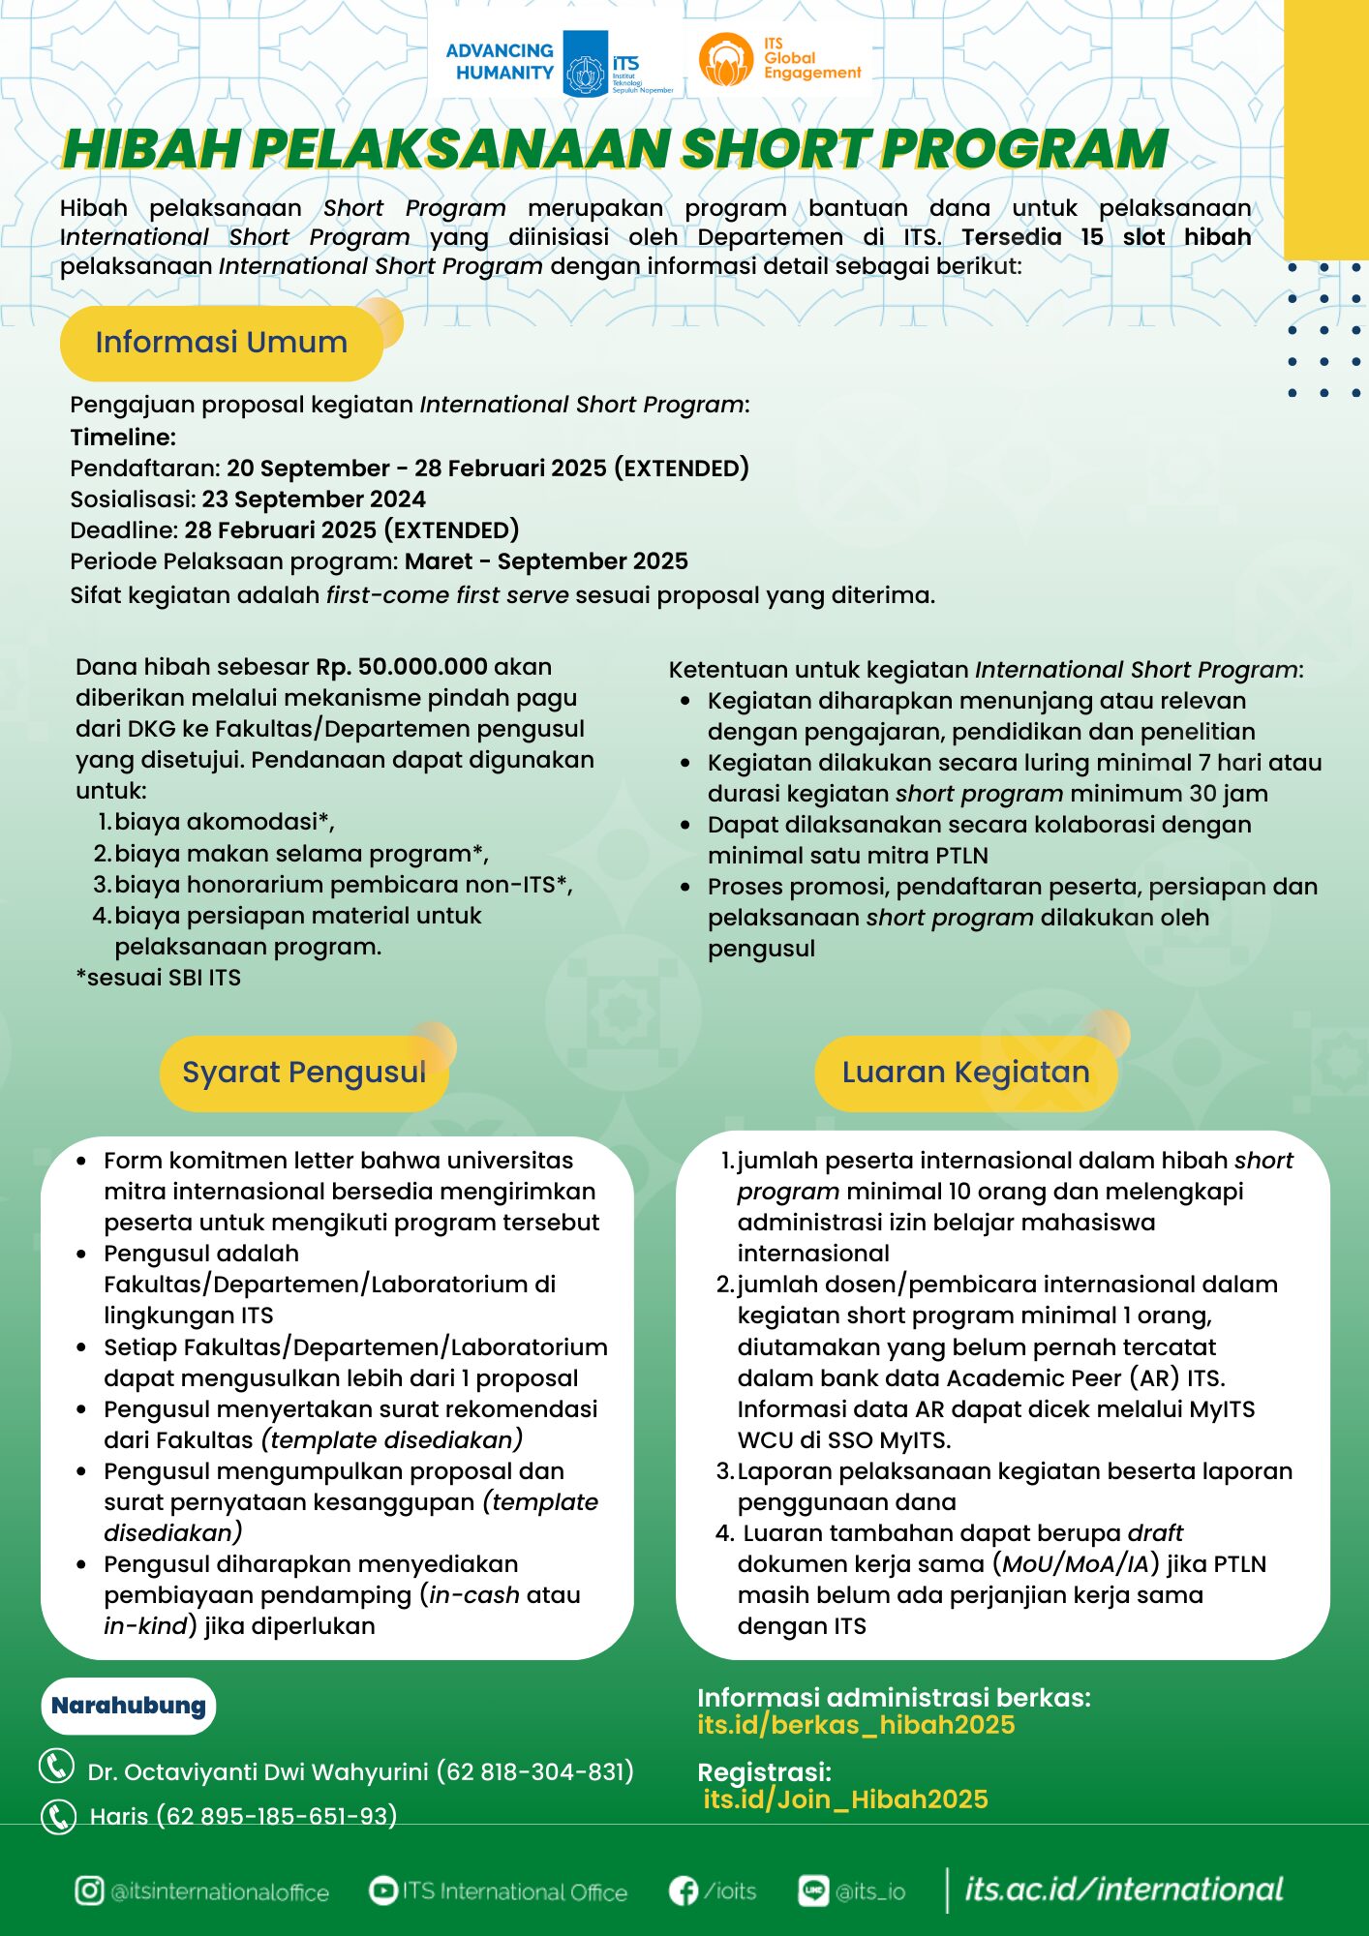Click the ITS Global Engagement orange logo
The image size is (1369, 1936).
click(726, 60)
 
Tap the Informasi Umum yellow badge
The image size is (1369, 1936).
click(222, 343)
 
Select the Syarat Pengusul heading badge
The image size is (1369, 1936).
click(304, 1073)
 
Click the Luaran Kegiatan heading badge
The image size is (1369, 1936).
click(965, 1073)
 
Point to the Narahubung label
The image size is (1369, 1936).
click(129, 1706)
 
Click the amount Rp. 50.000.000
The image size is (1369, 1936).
click(402, 667)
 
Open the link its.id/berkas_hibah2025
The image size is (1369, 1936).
click(856, 1725)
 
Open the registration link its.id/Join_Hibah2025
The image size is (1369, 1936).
click(845, 1800)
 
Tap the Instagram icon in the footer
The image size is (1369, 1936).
click(89, 1891)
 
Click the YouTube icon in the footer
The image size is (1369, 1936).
click(383, 1890)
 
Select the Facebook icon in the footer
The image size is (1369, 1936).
click(684, 1891)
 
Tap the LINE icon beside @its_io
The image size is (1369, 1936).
click(813, 1890)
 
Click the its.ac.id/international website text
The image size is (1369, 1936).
click(1123, 1889)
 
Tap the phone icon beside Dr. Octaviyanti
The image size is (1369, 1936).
click(56, 1767)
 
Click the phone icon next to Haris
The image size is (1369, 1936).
click(58, 1816)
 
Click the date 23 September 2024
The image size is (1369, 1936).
click(314, 499)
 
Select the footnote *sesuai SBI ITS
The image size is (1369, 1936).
click(159, 978)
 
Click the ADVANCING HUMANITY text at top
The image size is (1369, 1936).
click(500, 61)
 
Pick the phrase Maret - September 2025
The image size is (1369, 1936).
click(546, 561)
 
